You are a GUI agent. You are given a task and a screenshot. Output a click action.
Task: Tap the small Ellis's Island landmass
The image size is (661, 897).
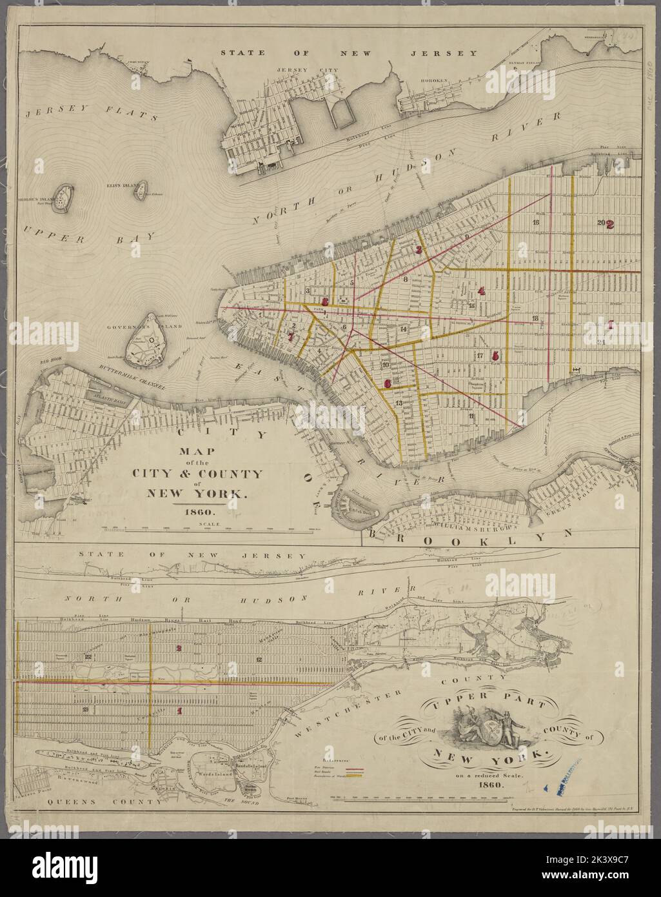140,192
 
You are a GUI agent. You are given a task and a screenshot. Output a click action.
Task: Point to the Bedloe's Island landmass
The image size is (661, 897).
63,198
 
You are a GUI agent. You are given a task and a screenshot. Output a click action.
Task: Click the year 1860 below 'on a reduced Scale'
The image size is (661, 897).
492,785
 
